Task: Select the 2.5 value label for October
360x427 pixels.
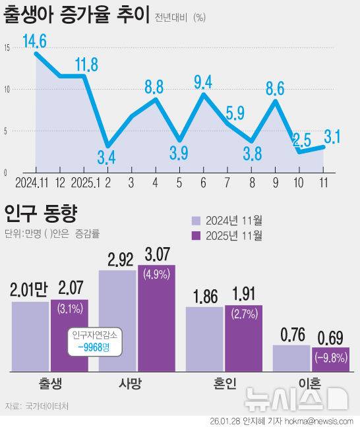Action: (x=301, y=139)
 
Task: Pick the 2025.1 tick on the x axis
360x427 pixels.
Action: (x=84, y=181)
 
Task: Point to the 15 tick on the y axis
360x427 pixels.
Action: (x=6, y=47)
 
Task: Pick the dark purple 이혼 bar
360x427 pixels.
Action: (x=330, y=359)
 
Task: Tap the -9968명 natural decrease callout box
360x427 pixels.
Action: (x=94, y=342)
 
